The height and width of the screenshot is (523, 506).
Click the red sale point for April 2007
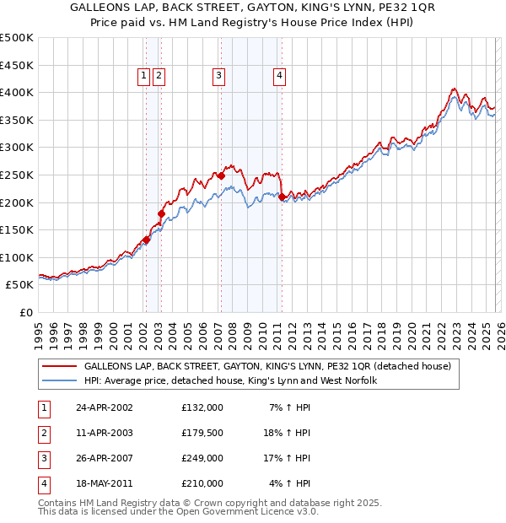pos(221,175)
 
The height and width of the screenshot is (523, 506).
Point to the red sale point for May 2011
pos(282,197)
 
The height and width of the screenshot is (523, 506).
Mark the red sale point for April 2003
pos(161,213)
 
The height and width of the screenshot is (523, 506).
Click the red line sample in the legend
pos(59,367)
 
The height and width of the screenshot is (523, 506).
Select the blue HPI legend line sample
pos(59,381)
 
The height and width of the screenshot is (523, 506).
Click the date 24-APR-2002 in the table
pos(103,407)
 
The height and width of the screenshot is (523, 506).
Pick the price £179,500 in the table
pos(202,433)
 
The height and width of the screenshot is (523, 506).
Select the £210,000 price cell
pos(202,484)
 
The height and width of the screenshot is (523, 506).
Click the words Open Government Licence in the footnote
pos(244,511)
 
